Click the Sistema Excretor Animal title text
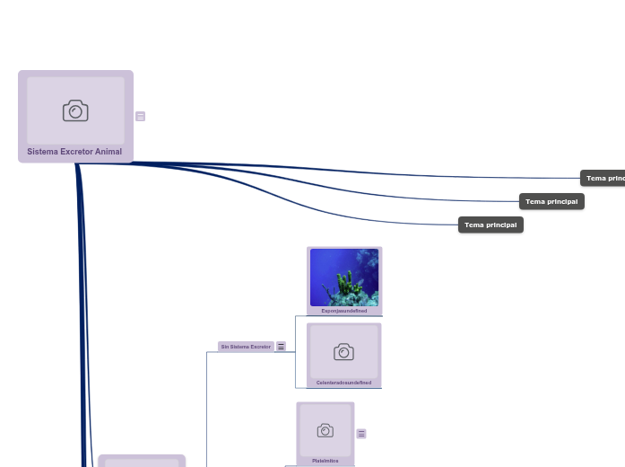[x=74, y=152]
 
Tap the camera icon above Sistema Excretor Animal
[x=75, y=110]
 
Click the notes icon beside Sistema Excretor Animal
[x=141, y=116]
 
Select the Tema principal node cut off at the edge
[x=603, y=178]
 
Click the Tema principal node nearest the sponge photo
[x=490, y=225]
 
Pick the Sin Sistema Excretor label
[x=246, y=346]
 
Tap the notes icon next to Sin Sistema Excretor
[x=281, y=346]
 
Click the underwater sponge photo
[x=344, y=278]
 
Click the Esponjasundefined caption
[x=344, y=311]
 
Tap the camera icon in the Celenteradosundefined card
[x=343, y=352]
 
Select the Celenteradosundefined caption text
[x=343, y=383]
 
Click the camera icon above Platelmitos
[x=326, y=431]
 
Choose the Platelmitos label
[x=326, y=461]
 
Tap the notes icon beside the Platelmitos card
[x=361, y=434]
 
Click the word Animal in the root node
[x=109, y=152]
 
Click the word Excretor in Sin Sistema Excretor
[x=260, y=346]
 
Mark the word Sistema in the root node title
[x=41, y=152]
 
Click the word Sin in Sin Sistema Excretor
[x=224, y=346]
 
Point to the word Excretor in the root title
[x=75, y=152]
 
